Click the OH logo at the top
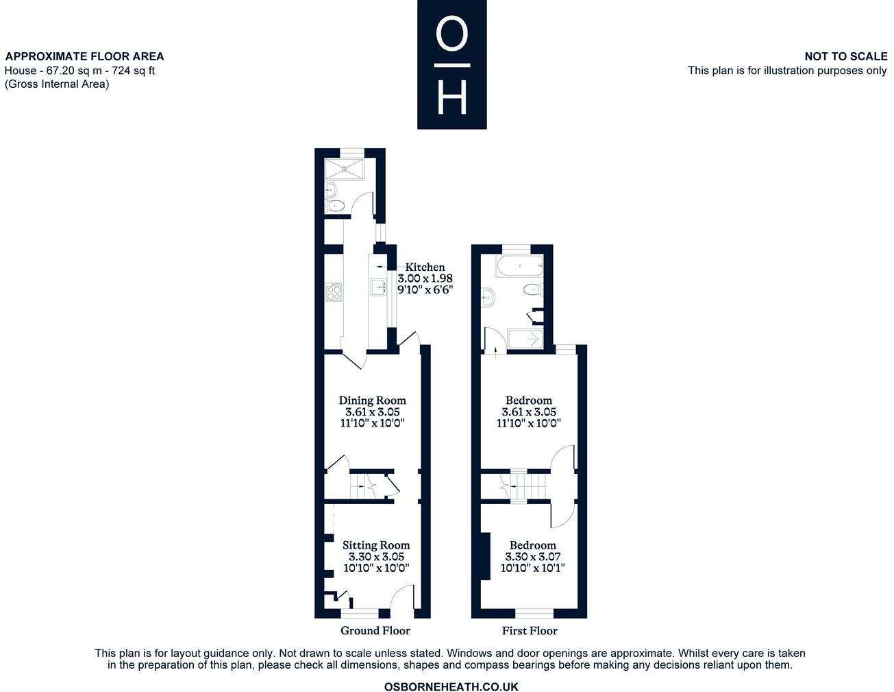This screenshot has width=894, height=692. pos(451,64)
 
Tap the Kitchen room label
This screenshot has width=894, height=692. pos(425,267)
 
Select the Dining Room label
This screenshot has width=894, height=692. pos(372,400)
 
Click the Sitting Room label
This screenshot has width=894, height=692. pos(376,545)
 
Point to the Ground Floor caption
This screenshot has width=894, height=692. pos(375,630)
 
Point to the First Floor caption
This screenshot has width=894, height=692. pos(530,630)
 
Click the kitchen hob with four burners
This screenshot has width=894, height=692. pos(334,292)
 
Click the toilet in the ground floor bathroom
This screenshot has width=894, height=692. pos(335,205)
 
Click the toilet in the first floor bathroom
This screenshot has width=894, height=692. pos(532,290)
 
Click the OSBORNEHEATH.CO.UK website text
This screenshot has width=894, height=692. pos(451,687)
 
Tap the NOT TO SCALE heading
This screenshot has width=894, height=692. pos(845,56)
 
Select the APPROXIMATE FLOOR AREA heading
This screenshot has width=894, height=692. pos(84,56)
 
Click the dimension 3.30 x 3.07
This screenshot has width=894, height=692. pos(532,557)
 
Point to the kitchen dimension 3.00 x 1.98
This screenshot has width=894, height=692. pos(425,278)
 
